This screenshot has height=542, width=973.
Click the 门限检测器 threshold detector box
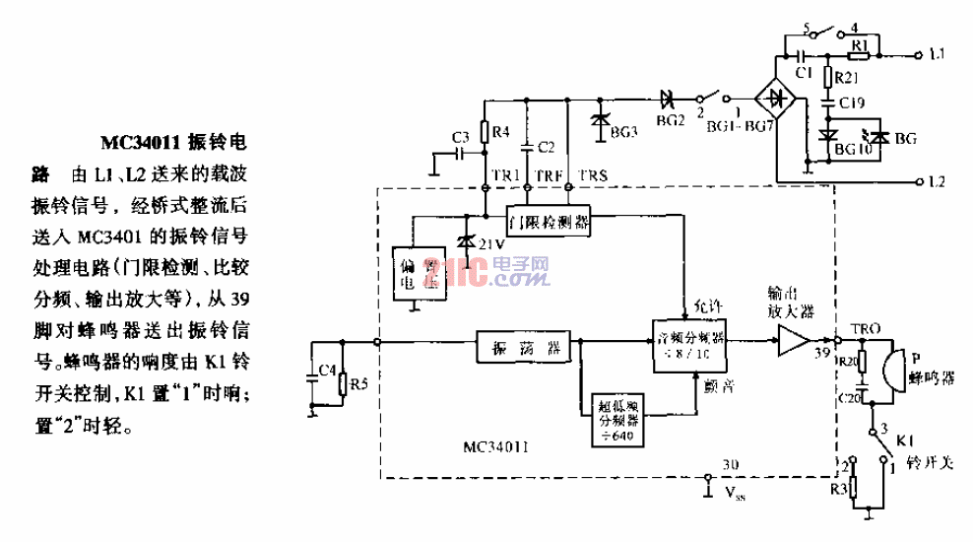tap(550, 221)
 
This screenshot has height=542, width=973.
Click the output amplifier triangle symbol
tap(791, 342)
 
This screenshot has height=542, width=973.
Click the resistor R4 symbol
tap(485, 132)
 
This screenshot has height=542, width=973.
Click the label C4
tap(326, 373)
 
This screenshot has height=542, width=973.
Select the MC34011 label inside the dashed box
tap(499, 445)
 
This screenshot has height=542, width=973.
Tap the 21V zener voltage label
tap(491, 243)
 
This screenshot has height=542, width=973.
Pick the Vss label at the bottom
tap(733, 490)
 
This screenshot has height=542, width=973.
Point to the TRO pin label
tap(852, 325)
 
